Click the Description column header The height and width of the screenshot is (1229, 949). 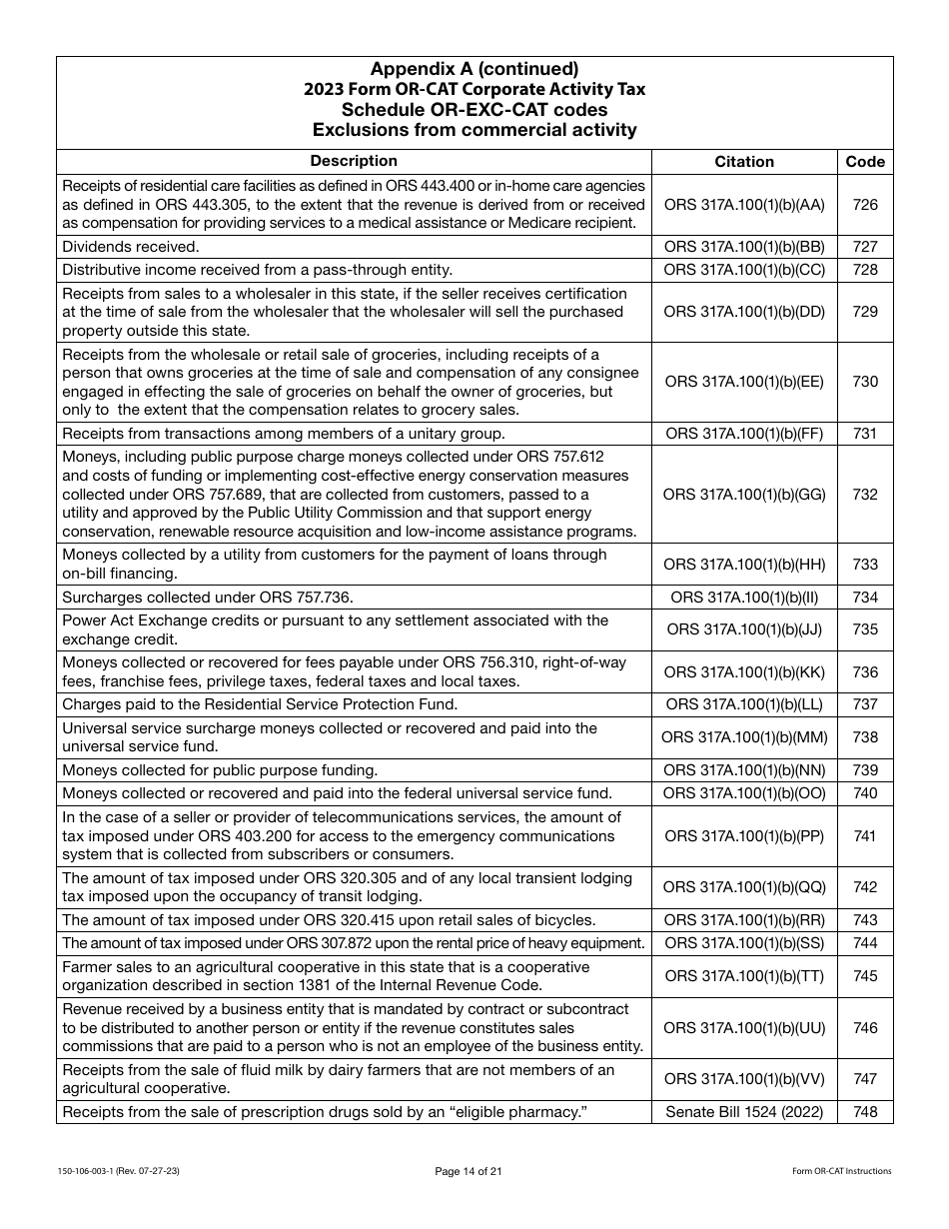pos(354,161)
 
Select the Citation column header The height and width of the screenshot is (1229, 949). pos(744,161)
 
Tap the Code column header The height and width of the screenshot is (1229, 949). pos(865,161)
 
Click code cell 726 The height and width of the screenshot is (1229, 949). pos(865,205)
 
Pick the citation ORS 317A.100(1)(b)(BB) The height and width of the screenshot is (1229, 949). pos(744,247)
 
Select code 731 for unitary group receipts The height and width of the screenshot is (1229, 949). pos(865,433)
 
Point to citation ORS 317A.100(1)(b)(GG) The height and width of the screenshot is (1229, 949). pos(744,495)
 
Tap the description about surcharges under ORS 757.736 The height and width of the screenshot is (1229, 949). pos(208,598)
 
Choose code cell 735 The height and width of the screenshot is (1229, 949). pos(865,629)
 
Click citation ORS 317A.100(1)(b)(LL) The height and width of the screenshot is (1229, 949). pos(744,704)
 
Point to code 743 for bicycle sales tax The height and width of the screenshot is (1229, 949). pos(865,920)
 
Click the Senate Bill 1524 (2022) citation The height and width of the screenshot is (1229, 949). pos(744,1112)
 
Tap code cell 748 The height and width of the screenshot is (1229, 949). pos(865,1112)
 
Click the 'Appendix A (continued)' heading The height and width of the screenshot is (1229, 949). pos(474,69)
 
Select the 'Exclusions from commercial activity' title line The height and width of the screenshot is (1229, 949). pos(474,129)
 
